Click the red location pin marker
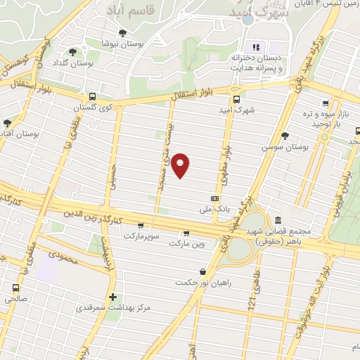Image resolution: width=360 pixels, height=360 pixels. pyautogui.click(x=181, y=165)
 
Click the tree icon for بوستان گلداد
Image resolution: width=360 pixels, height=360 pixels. pyautogui.click(x=73, y=52)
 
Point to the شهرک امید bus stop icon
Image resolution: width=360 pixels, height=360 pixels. pyautogui.click(x=236, y=99)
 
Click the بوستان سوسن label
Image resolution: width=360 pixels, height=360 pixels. pyautogui.click(x=285, y=148)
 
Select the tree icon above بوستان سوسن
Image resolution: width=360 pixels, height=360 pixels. pyautogui.click(x=285, y=136)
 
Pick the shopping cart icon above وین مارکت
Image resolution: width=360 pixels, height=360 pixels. pyautogui.click(x=186, y=233)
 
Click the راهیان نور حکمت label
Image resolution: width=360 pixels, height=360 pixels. pyautogui.click(x=204, y=283)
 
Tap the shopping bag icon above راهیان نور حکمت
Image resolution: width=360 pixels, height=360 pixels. pyautogui.click(x=203, y=271)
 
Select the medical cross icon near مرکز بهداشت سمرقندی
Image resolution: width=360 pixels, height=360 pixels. pyautogui.click(x=113, y=297)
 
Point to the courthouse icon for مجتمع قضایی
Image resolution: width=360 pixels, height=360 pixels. pyautogui.click(x=278, y=220)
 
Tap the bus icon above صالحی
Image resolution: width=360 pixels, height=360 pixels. pyautogui.click(x=15, y=287)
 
